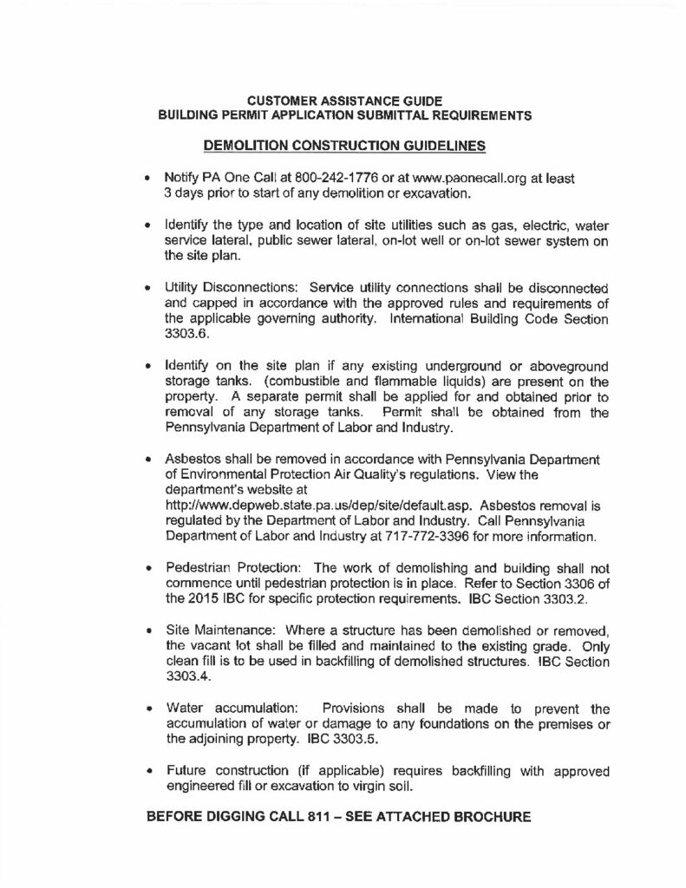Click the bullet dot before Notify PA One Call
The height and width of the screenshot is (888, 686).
pos(148,179)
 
